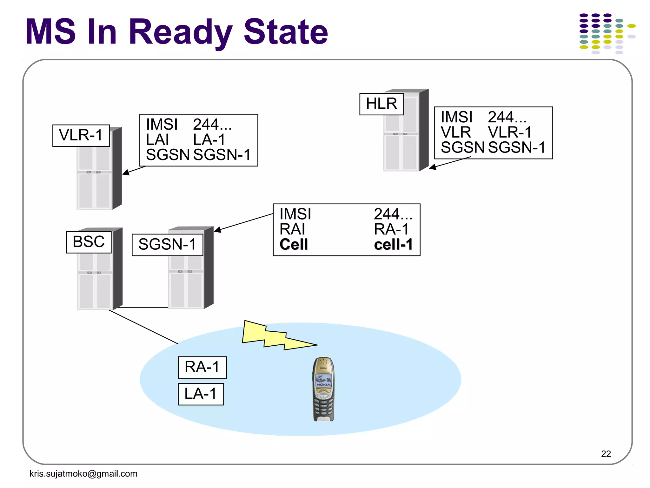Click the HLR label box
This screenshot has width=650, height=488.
click(381, 104)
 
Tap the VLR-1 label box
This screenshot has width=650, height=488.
click(81, 135)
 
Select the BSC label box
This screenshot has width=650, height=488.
click(89, 242)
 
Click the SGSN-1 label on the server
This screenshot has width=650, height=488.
click(167, 245)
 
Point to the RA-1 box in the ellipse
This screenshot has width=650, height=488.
click(202, 367)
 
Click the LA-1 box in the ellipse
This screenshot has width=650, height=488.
click(201, 394)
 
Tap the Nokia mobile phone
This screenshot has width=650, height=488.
click(323, 389)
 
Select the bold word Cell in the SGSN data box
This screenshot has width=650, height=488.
click(294, 245)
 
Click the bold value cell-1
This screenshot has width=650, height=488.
click(393, 245)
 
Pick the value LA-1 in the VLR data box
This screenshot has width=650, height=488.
click(209, 140)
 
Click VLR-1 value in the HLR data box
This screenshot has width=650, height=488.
click(509, 132)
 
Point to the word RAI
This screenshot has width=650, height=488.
click(292, 229)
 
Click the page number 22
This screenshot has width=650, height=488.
click(606, 454)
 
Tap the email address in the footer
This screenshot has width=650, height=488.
click(83, 473)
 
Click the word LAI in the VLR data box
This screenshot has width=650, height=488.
click(157, 140)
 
